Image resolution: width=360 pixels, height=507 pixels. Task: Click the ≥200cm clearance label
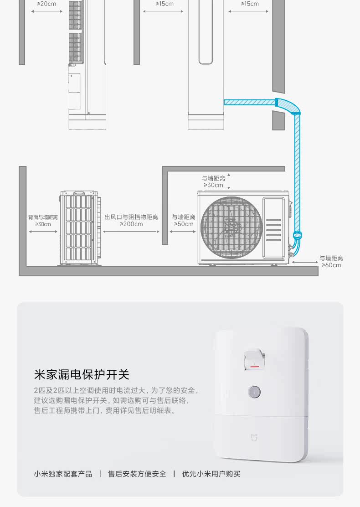pos(131,224)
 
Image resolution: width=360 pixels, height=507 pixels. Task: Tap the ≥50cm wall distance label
pos(183,224)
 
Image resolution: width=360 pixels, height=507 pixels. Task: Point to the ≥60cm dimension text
pos(331,265)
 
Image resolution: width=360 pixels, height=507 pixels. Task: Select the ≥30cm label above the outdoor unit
pos(213,185)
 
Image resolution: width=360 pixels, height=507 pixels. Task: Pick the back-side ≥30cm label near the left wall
pos(43,224)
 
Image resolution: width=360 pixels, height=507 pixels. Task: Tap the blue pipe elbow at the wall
pos(288,106)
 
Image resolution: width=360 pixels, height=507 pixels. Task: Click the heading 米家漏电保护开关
pos(82,374)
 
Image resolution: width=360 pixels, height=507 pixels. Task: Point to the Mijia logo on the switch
pos(254,437)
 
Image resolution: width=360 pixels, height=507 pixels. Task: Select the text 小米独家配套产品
pos(63,474)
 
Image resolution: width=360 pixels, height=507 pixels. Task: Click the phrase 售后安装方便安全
pos(137,474)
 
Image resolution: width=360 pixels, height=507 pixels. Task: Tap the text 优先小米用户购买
pos(211,474)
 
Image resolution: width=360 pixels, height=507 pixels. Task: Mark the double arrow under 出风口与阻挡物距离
pos(131,232)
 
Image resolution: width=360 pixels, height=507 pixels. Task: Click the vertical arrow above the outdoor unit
pos(229,181)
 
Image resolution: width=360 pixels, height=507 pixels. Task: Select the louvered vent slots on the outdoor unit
pos(273,230)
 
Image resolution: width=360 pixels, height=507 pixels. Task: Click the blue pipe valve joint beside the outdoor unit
pos(297,235)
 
